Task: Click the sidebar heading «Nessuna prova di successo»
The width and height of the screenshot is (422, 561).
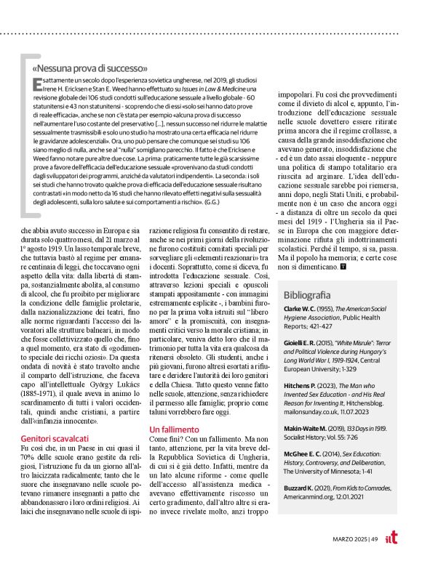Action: [x=91, y=68]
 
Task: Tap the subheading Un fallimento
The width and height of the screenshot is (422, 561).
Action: [x=175, y=429]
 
